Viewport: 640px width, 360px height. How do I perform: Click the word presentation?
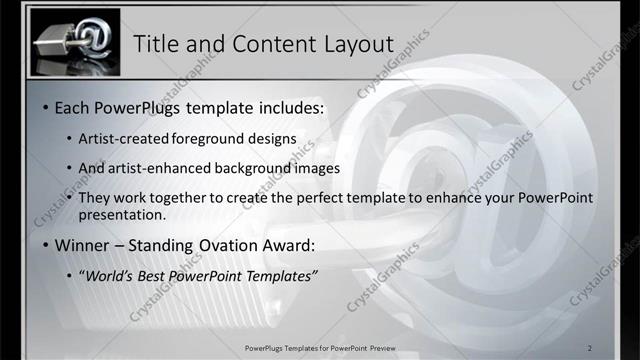coord(123,215)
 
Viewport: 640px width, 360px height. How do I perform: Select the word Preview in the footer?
coord(378,348)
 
